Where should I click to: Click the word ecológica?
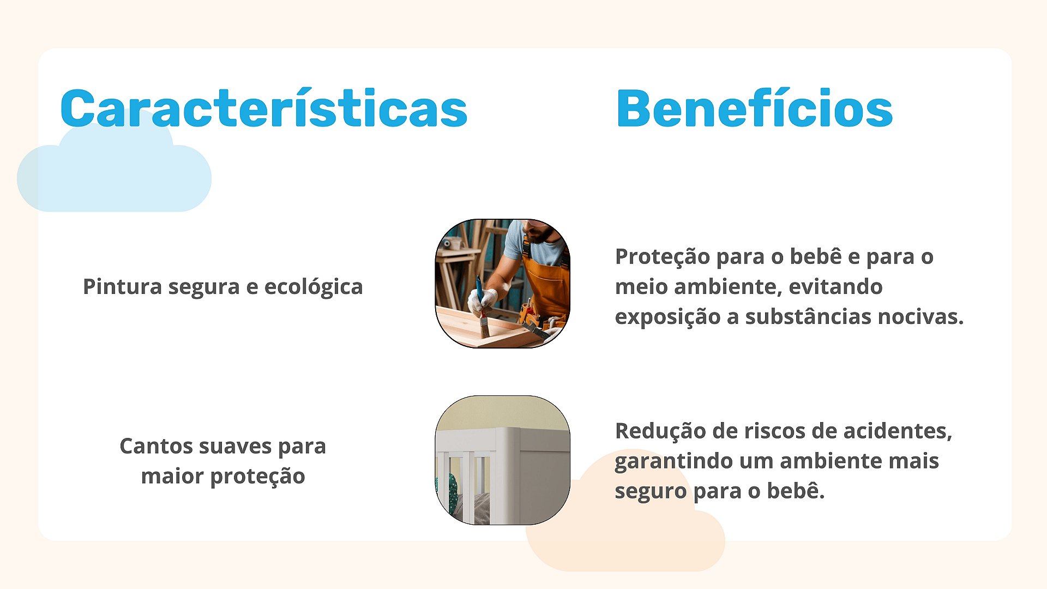click(x=314, y=287)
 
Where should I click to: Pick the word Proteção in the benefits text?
click(x=662, y=257)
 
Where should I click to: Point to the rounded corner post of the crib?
click(x=507, y=474)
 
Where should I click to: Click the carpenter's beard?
click(x=539, y=235)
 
